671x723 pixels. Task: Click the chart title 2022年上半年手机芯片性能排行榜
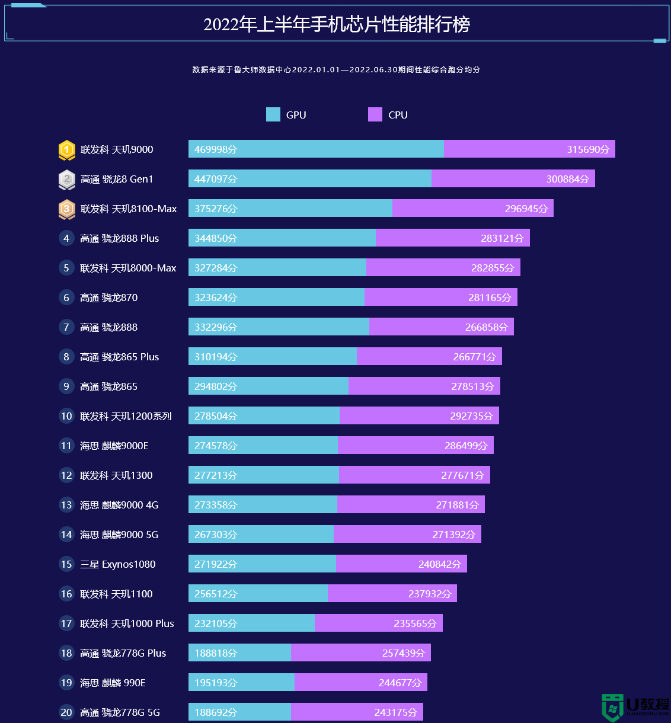[x=337, y=24]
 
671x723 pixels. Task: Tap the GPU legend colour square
[x=273, y=114]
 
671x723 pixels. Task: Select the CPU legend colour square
[x=375, y=114]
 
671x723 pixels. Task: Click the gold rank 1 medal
[x=67, y=150]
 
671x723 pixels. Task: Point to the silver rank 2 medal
[x=67, y=179]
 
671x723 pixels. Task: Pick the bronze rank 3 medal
[x=67, y=209]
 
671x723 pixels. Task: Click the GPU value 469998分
[x=216, y=149]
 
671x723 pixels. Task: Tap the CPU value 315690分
[x=587, y=149]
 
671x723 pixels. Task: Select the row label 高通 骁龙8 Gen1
[x=117, y=179]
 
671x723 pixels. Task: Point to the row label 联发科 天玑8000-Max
[x=128, y=268]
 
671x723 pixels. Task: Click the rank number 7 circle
[x=66, y=327]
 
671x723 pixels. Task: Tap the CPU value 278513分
[x=472, y=386]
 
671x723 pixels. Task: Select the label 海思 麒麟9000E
[x=114, y=446]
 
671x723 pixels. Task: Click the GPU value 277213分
[x=216, y=475]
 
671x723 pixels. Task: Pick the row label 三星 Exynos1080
[x=118, y=564]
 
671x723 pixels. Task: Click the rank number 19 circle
[x=66, y=683]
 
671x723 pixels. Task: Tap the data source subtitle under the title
[x=336, y=69]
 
